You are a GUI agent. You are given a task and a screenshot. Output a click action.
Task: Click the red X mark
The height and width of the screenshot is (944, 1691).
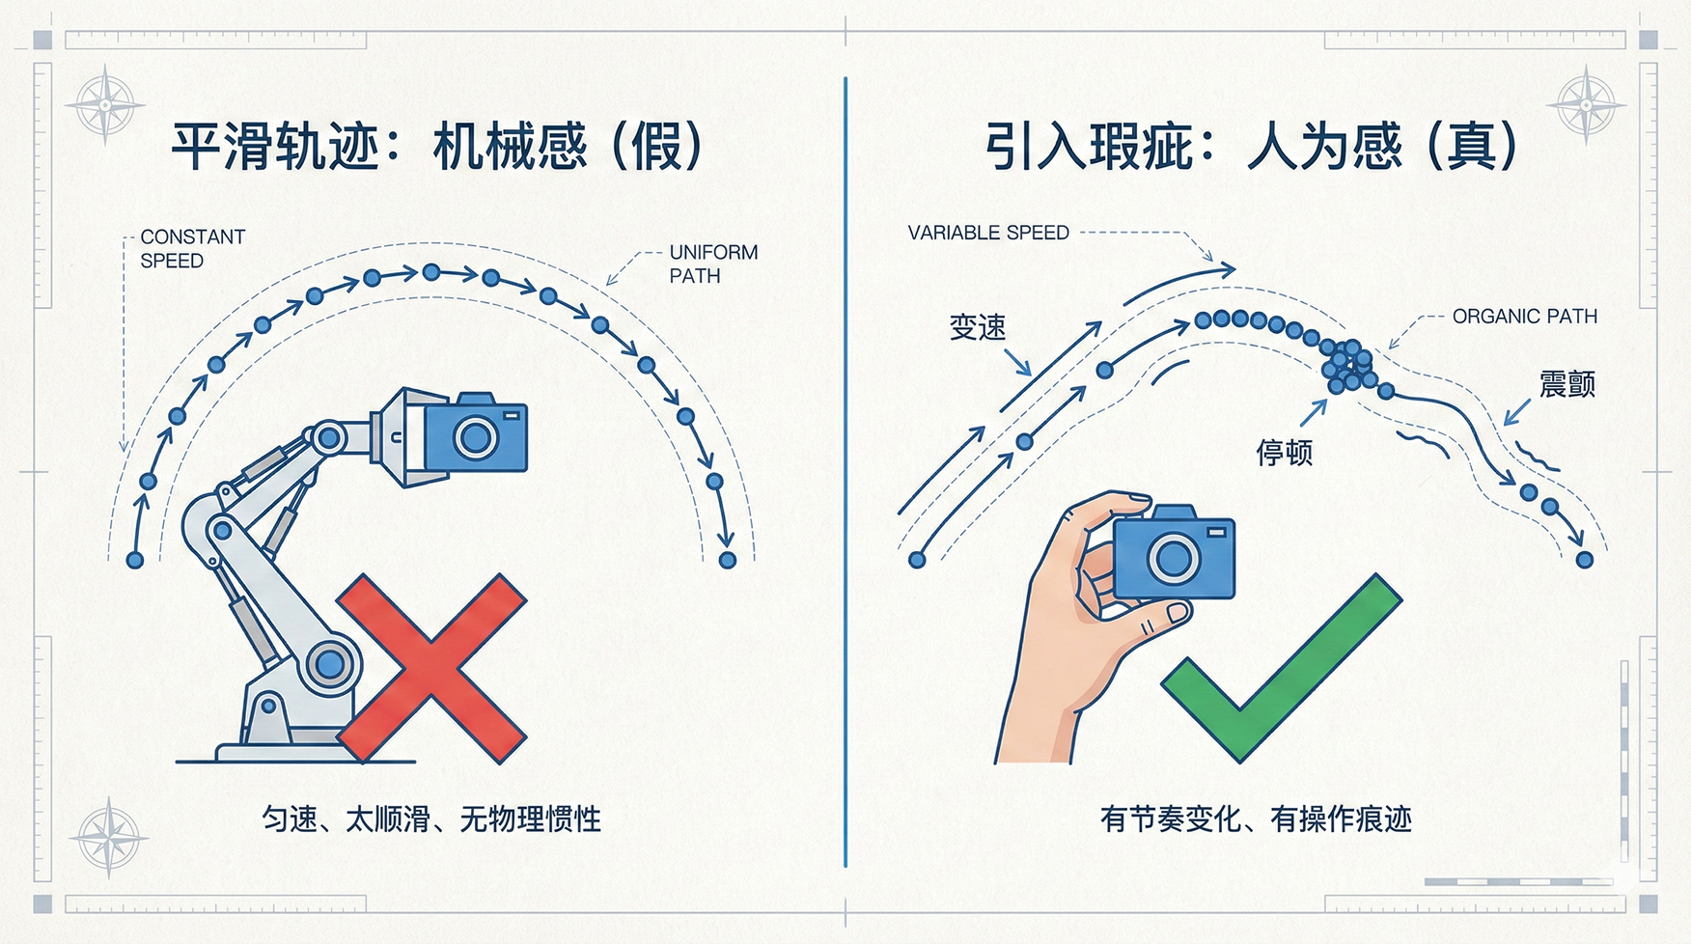pos(431,669)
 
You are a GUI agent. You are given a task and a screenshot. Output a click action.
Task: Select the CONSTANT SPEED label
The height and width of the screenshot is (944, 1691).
pos(192,248)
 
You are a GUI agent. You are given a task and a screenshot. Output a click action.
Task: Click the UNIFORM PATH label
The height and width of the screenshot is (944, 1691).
pos(713,264)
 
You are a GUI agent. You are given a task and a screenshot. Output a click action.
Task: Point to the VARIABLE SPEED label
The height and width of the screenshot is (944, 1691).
pos(988,233)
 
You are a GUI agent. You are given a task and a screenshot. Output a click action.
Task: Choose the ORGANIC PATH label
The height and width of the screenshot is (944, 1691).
pos(1524,317)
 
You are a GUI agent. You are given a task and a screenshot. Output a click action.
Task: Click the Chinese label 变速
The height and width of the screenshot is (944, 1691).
pos(978,327)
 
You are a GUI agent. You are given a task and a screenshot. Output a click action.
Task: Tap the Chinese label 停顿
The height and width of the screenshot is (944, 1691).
pos(1284,452)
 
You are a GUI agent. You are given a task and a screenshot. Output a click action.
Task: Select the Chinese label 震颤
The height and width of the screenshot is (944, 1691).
pos(1566,384)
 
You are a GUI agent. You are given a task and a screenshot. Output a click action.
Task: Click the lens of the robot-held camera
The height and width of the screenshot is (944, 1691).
pos(476,437)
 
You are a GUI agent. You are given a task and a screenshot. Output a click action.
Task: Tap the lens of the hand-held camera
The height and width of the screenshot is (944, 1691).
pos(1174,558)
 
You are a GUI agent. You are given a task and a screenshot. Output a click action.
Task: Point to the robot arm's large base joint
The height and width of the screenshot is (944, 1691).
pos(329,664)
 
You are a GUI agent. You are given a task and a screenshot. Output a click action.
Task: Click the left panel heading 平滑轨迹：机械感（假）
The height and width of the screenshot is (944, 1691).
pos(437,147)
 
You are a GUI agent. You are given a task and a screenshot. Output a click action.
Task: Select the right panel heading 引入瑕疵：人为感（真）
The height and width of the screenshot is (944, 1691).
pos(1252,147)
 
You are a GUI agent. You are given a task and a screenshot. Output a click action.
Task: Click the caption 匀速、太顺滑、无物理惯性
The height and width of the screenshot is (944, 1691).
pos(431,819)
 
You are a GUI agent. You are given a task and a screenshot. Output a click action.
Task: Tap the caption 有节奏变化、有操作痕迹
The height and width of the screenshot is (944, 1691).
pos(1256,819)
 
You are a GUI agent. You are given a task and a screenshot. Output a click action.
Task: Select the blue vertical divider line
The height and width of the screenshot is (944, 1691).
pos(845,472)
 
